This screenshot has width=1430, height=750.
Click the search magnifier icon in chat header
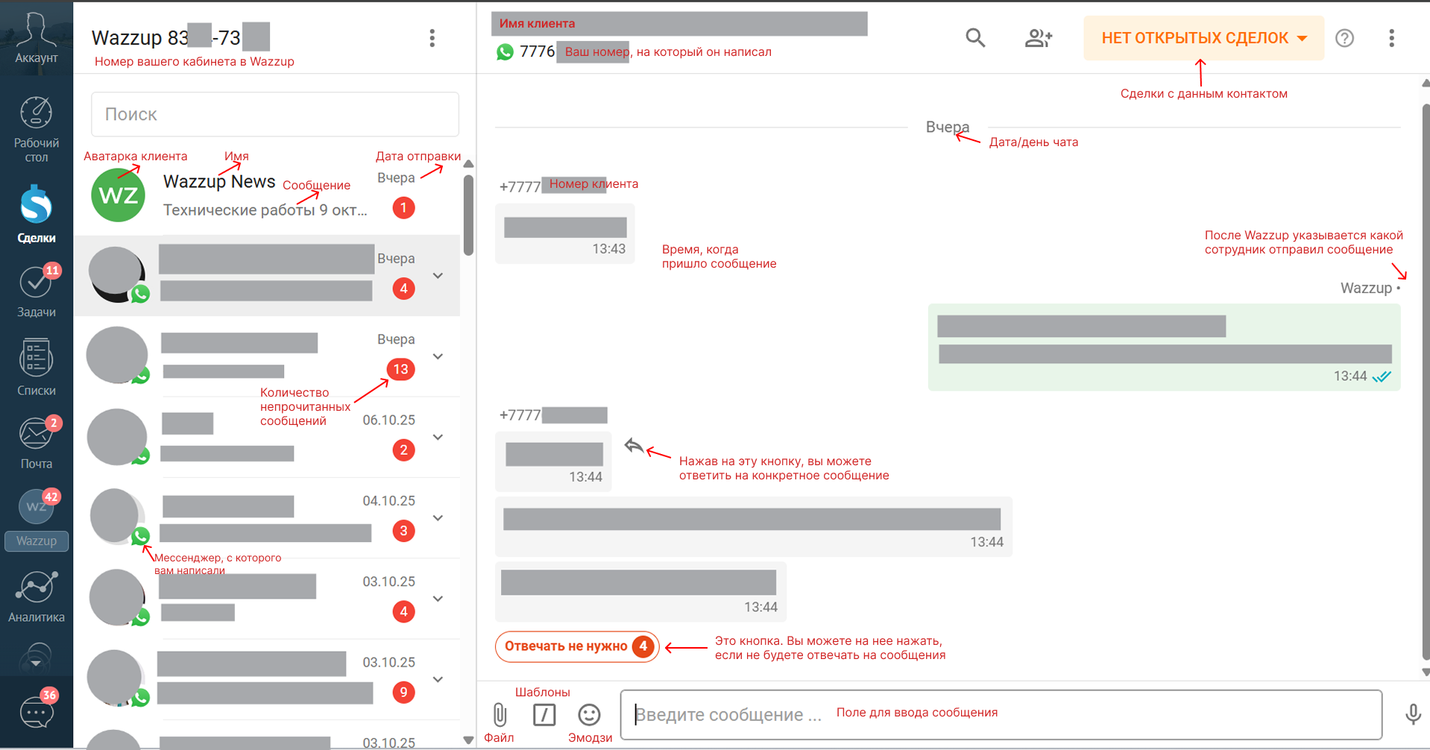tap(975, 38)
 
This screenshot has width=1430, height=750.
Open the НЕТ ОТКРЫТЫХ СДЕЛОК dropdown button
tap(1203, 38)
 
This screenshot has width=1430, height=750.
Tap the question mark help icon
tap(1344, 38)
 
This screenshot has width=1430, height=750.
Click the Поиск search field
tap(274, 114)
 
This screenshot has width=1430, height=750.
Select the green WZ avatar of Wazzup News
tap(118, 195)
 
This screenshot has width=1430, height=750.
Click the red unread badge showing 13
tap(401, 369)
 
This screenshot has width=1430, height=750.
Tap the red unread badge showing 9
tap(403, 692)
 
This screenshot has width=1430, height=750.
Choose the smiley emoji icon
tap(589, 714)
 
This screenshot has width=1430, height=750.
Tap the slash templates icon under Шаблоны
tap(544, 714)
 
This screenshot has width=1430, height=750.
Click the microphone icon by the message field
tap(1412, 714)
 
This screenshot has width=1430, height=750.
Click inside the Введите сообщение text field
tap(999, 714)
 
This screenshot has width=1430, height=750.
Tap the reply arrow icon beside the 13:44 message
tap(634, 446)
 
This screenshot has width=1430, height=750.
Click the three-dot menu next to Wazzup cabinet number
tap(432, 38)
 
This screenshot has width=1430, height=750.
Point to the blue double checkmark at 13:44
tap(1382, 376)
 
